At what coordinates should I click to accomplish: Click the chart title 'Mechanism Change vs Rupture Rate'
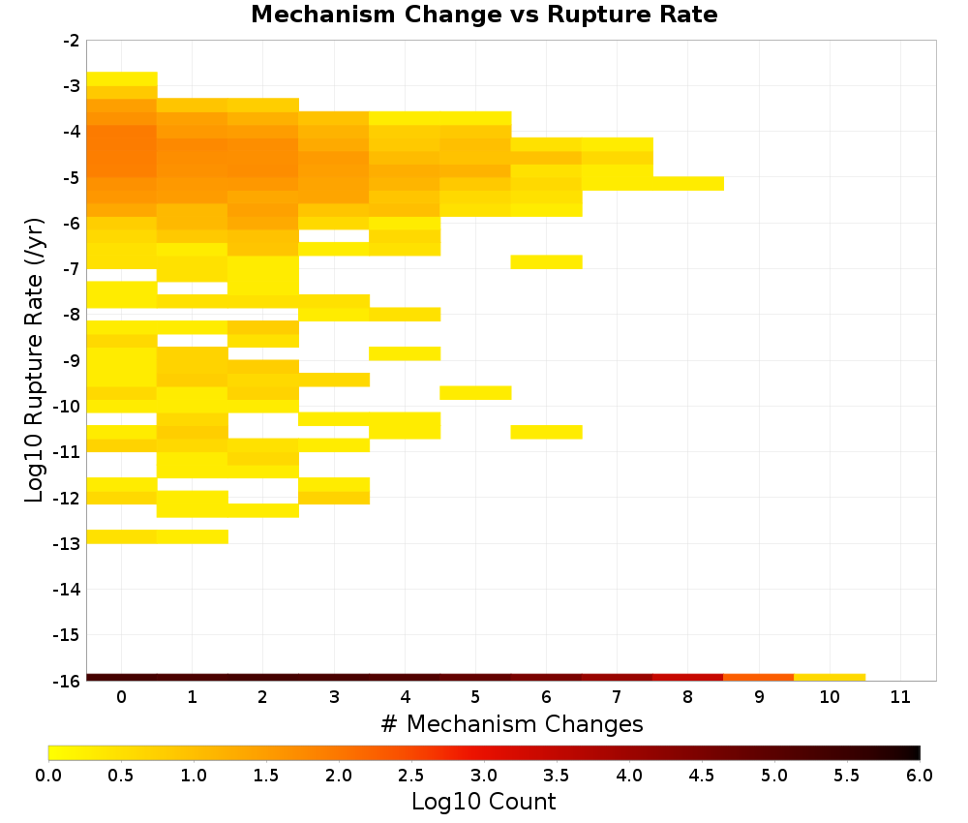(484, 15)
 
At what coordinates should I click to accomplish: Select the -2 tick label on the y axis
(72, 41)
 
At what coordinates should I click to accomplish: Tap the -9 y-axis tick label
(72, 360)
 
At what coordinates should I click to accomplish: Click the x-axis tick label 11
(900, 697)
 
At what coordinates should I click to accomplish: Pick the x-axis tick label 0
(122, 697)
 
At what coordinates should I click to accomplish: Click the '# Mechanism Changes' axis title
(512, 723)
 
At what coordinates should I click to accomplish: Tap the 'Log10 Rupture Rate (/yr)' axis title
(35, 360)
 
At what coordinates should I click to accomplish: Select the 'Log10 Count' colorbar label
(484, 802)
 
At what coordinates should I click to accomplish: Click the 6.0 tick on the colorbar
(920, 776)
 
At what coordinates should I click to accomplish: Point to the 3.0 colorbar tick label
(484, 776)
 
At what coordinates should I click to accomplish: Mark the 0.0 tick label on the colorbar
(48, 776)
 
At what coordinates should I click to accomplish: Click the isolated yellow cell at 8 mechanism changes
(688, 183)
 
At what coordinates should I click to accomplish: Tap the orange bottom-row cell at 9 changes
(758, 678)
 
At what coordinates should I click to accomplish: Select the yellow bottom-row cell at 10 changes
(830, 678)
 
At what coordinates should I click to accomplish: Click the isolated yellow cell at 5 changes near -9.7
(475, 393)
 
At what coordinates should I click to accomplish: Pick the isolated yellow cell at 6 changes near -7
(546, 261)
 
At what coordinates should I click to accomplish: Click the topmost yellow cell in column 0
(122, 79)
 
